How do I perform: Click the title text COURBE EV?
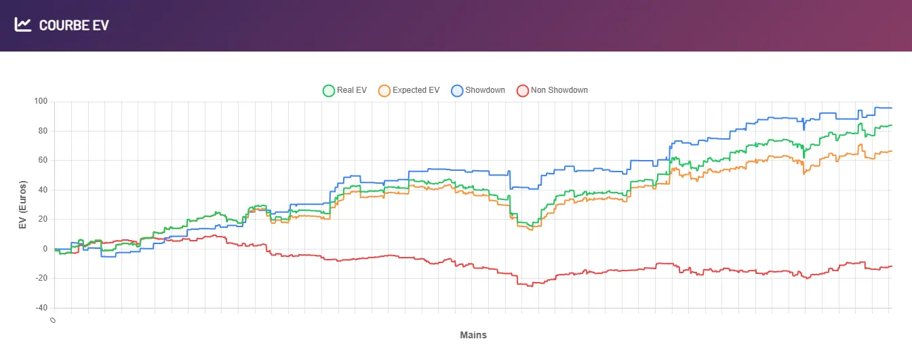(x=74, y=26)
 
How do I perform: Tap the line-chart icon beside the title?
(x=23, y=25)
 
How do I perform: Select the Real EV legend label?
(x=351, y=90)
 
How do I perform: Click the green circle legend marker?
(x=329, y=90)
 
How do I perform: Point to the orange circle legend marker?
(x=384, y=90)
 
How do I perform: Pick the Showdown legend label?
(x=485, y=90)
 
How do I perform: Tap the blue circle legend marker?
(x=457, y=90)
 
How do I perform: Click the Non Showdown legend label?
(x=559, y=90)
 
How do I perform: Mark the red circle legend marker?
(x=523, y=90)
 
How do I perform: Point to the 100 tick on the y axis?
(x=41, y=102)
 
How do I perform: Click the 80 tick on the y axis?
(x=43, y=131)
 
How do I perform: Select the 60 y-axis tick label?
(x=43, y=161)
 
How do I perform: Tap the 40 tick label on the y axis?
(x=43, y=190)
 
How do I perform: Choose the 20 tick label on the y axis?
(x=43, y=220)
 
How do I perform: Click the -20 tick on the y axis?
(x=42, y=279)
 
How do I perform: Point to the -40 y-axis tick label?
(x=42, y=308)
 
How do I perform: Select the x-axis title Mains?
(x=473, y=335)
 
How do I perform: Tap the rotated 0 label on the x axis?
(x=52, y=319)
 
